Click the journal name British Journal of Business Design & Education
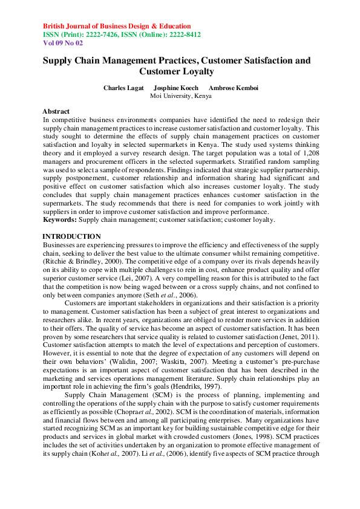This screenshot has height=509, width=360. [117, 27]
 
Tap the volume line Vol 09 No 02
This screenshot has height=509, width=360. [64, 44]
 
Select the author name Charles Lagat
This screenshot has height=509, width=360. [123, 88]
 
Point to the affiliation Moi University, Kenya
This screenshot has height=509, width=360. [180, 96]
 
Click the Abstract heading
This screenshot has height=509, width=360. [56, 112]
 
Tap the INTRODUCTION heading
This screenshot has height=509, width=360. [72, 236]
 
